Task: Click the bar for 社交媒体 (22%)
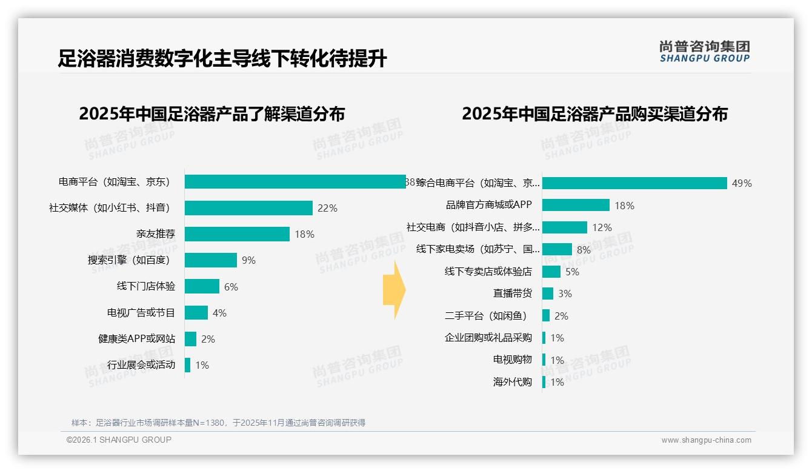(x=248, y=208)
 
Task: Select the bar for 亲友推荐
(x=237, y=234)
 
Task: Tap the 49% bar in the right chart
(x=634, y=183)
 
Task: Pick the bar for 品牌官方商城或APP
(x=576, y=205)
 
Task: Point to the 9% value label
(x=248, y=260)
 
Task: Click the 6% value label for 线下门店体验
(x=231, y=287)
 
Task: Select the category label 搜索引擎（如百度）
(x=131, y=260)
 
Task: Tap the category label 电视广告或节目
(x=141, y=313)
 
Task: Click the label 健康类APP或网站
(x=136, y=339)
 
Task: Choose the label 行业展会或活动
(x=141, y=365)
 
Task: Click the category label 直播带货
(x=512, y=294)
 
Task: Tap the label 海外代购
(x=512, y=382)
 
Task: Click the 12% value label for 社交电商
(x=602, y=227)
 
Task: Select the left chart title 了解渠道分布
(x=211, y=114)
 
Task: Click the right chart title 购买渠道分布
(x=594, y=114)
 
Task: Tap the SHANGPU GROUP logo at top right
(x=704, y=52)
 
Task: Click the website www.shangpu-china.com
(x=706, y=440)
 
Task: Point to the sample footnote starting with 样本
(x=218, y=423)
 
